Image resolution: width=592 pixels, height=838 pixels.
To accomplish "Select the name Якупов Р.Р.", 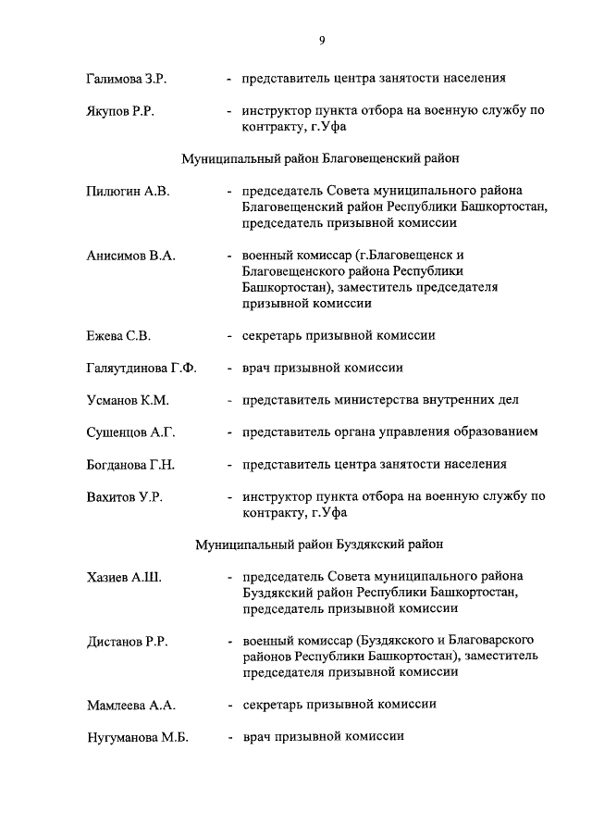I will (x=119, y=112).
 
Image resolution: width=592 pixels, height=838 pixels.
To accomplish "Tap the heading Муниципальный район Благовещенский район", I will (x=321, y=159).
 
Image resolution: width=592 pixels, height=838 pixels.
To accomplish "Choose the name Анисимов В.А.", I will (x=130, y=255).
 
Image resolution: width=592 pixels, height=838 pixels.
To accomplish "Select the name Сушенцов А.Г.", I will (x=130, y=432).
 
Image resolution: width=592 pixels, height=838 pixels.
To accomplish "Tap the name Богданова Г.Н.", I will (x=130, y=465).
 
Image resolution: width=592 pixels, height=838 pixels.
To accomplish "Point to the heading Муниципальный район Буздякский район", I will (x=321, y=544).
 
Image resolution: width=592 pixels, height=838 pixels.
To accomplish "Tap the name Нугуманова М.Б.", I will (x=136, y=737).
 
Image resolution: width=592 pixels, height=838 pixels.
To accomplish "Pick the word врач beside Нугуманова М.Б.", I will (x=257, y=737).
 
